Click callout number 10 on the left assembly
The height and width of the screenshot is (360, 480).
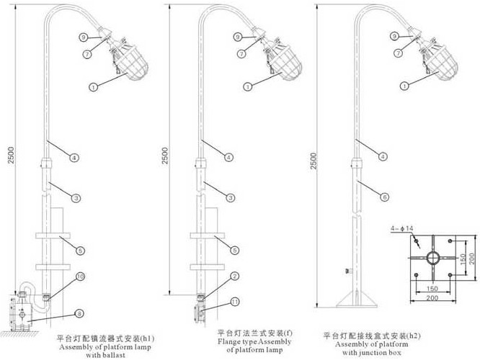click(81, 276)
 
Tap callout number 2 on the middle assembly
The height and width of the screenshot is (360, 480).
click(235, 276)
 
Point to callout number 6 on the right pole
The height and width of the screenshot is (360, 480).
click(386, 196)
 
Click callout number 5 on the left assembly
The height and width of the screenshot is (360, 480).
click(81, 250)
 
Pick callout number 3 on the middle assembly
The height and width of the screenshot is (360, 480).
click(230, 197)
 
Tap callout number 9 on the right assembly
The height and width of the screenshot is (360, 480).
click(394, 36)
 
